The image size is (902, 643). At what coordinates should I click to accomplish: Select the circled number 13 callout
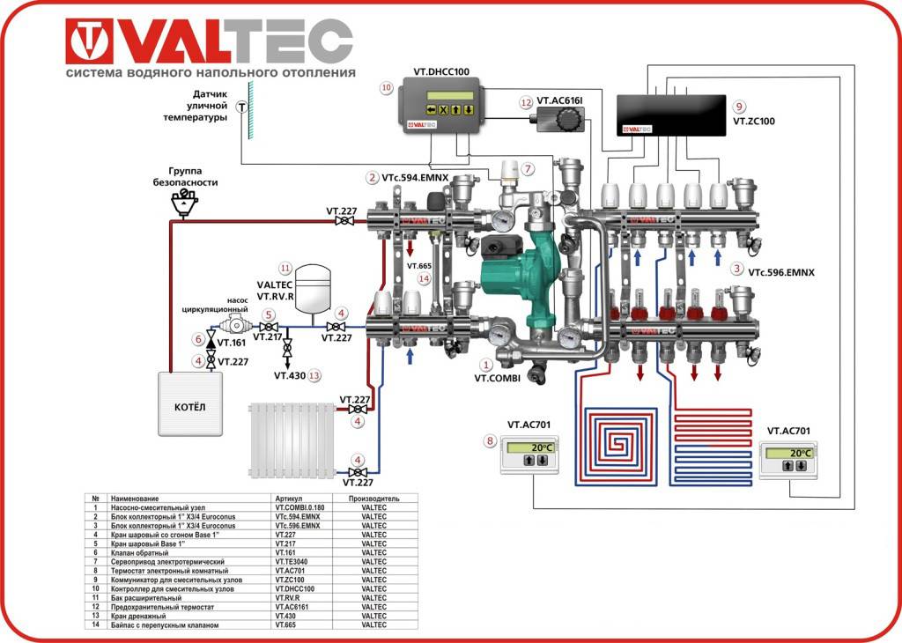pyautogui.click(x=315, y=375)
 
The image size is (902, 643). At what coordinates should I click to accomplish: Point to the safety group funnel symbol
pyautogui.click(x=185, y=203)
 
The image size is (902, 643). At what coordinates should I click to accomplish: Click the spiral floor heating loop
pyautogui.click(x=622, y=445)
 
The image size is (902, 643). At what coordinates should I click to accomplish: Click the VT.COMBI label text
pyautogui.click(x=498, y=377)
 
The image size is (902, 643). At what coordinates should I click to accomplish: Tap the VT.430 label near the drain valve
pyautogui.click(x=289, y=375)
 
